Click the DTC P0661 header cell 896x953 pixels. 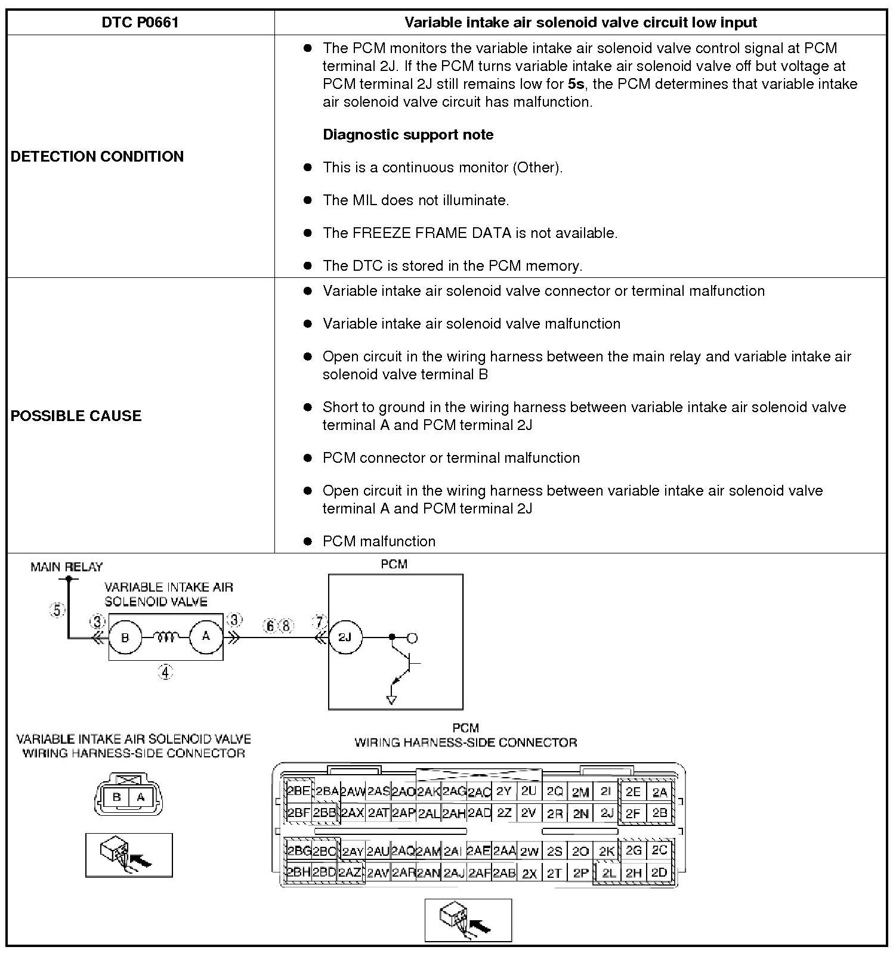140,23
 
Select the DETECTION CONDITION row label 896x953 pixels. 97,156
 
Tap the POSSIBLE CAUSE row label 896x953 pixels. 76,416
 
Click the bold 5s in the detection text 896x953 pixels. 576,84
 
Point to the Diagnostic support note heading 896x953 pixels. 408,135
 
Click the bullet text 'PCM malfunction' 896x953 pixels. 379,541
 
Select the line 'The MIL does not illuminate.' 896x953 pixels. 416,200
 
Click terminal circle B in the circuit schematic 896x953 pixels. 125,638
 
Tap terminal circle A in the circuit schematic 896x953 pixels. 206,636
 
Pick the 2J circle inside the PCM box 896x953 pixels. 345,637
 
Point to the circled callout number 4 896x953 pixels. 165,673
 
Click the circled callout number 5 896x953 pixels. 57,610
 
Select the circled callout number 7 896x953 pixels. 320,622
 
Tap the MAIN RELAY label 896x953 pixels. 67,567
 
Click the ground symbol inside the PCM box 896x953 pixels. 391,699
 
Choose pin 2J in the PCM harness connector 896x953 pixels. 607,813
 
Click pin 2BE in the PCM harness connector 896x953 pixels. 298,791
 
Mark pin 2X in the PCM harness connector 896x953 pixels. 529,873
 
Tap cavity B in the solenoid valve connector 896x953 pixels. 117,797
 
